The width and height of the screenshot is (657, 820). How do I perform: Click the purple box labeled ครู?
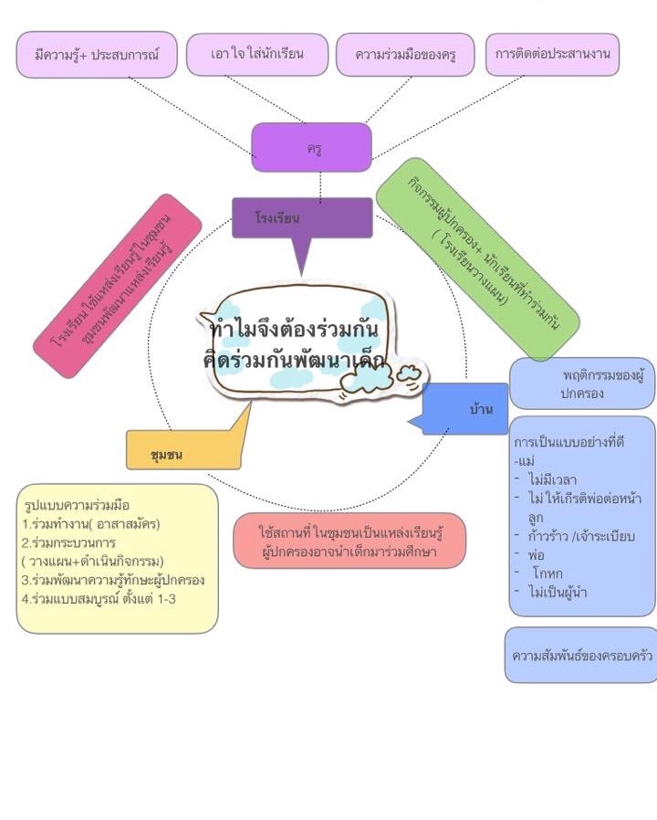pyautogui.click(x=311, y=148)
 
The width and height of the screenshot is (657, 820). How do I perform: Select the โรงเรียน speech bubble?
pyautogui.click(x=301, y=218)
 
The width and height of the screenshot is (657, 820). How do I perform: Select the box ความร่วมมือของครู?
pyautogui.click(x=405, y=56)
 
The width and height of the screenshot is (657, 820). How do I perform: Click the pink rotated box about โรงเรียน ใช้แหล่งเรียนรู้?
pyautogui.click(x=128, y=284)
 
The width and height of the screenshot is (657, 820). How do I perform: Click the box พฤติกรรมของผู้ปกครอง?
pyautogui.click(x=583, y=384)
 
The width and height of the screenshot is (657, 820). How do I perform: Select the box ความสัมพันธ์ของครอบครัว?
pyautogui.click(x=581, y=655)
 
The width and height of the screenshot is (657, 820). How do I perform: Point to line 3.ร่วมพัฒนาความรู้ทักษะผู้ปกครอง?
pyautogui.click(x=113, y=580)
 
